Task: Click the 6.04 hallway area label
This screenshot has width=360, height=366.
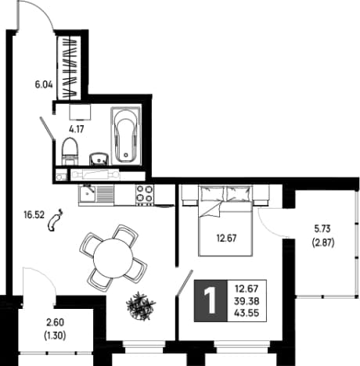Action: pos(44,84)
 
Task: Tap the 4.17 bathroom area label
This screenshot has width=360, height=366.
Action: pos(77,129)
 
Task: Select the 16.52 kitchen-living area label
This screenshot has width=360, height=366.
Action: pos(34,215)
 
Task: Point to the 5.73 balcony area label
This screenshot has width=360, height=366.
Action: pos(322,229)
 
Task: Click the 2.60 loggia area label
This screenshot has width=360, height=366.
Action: pos(55,322)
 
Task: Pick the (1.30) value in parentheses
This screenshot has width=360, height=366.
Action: pos(55,335)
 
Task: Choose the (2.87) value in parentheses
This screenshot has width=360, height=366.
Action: pos(323,243)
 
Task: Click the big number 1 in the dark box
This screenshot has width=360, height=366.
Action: pos(211,301)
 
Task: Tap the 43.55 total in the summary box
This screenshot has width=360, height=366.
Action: pos(247,313)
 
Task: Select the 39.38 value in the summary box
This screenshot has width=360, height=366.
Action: pos(247,301)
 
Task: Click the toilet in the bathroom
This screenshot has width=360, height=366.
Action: pos(70,151)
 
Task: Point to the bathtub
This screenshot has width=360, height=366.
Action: pos(126,135)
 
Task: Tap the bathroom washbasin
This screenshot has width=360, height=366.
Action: pos(99,159)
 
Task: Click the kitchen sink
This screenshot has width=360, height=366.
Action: pos(87,193)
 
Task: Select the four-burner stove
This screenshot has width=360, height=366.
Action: pos(145,195)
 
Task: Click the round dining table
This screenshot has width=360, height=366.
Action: pos(113,258)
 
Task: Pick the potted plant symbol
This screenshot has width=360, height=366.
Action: pos(140,305)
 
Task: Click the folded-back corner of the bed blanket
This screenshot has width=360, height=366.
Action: pos(213,210)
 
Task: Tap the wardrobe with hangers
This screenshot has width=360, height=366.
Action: pos(69,68)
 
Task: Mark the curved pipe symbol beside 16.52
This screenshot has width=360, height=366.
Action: pos(55,221)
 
